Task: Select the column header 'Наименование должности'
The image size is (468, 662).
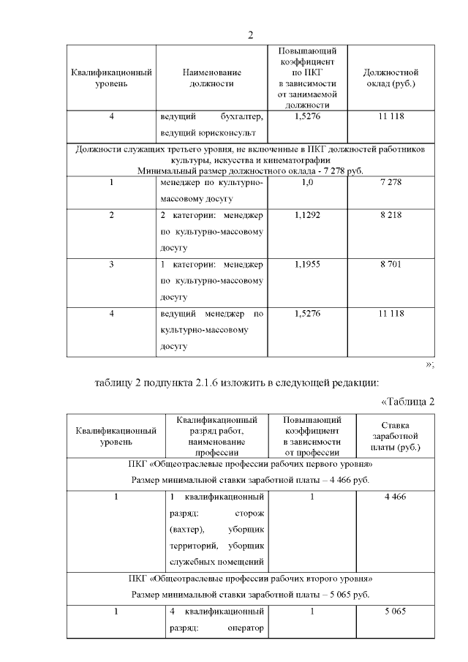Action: [212, 78]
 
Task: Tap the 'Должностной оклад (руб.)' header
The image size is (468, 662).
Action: [390, 78]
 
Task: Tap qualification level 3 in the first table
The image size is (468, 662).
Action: [112, 263]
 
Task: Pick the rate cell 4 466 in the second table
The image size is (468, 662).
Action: [395, 497]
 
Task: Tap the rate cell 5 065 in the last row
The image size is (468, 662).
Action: [395, 611]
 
